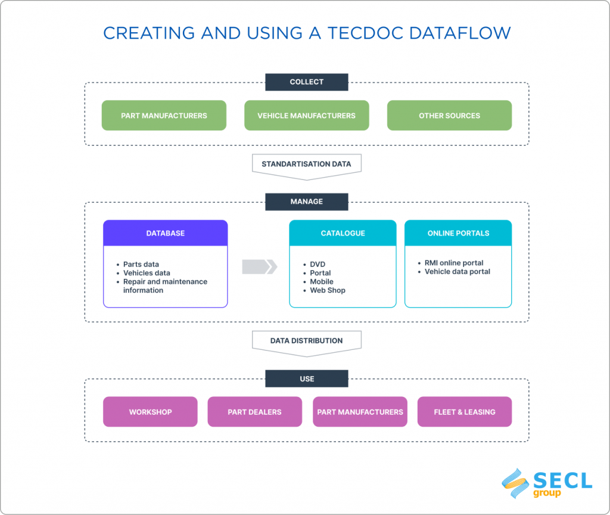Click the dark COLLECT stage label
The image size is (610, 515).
point(306,82)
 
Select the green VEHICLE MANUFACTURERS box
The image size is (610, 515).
point(306,116)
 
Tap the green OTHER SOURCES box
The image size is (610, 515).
point(449,116)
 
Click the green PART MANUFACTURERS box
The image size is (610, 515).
point(164,116)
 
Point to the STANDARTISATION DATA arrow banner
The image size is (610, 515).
point(306,164)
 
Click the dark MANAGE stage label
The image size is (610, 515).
point(306,201)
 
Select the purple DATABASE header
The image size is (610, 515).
point(165,233)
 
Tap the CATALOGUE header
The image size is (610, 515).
point(343,233)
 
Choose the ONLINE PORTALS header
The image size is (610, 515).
point(458,233)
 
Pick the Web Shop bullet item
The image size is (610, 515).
point(328,290)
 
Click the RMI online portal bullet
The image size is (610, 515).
point(454,263)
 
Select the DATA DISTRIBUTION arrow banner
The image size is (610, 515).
point(306,341)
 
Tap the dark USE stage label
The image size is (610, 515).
point(306,379)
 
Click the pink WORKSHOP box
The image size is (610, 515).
point(150,412)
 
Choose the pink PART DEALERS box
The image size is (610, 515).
point(254,412)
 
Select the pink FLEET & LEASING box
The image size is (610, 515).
point(465,412)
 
